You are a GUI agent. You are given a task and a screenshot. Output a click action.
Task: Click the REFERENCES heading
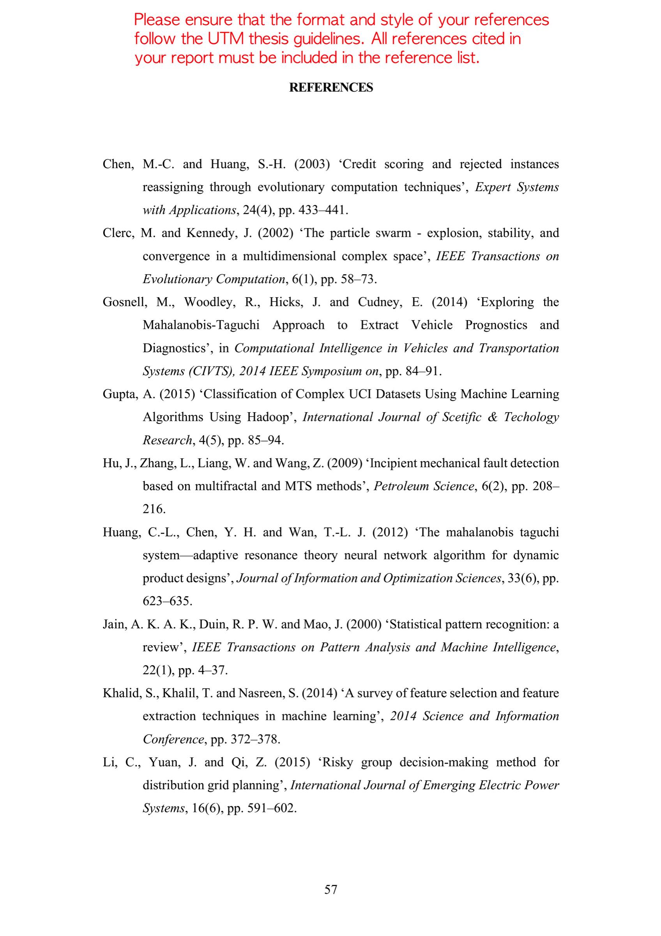(331, 88)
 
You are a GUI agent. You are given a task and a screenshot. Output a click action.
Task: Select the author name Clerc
(118, 233)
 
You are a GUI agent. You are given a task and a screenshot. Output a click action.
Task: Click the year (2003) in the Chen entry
(312, 164)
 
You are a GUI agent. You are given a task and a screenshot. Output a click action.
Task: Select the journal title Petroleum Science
(424, 486)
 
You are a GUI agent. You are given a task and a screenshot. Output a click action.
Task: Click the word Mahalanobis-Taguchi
(201, 325)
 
